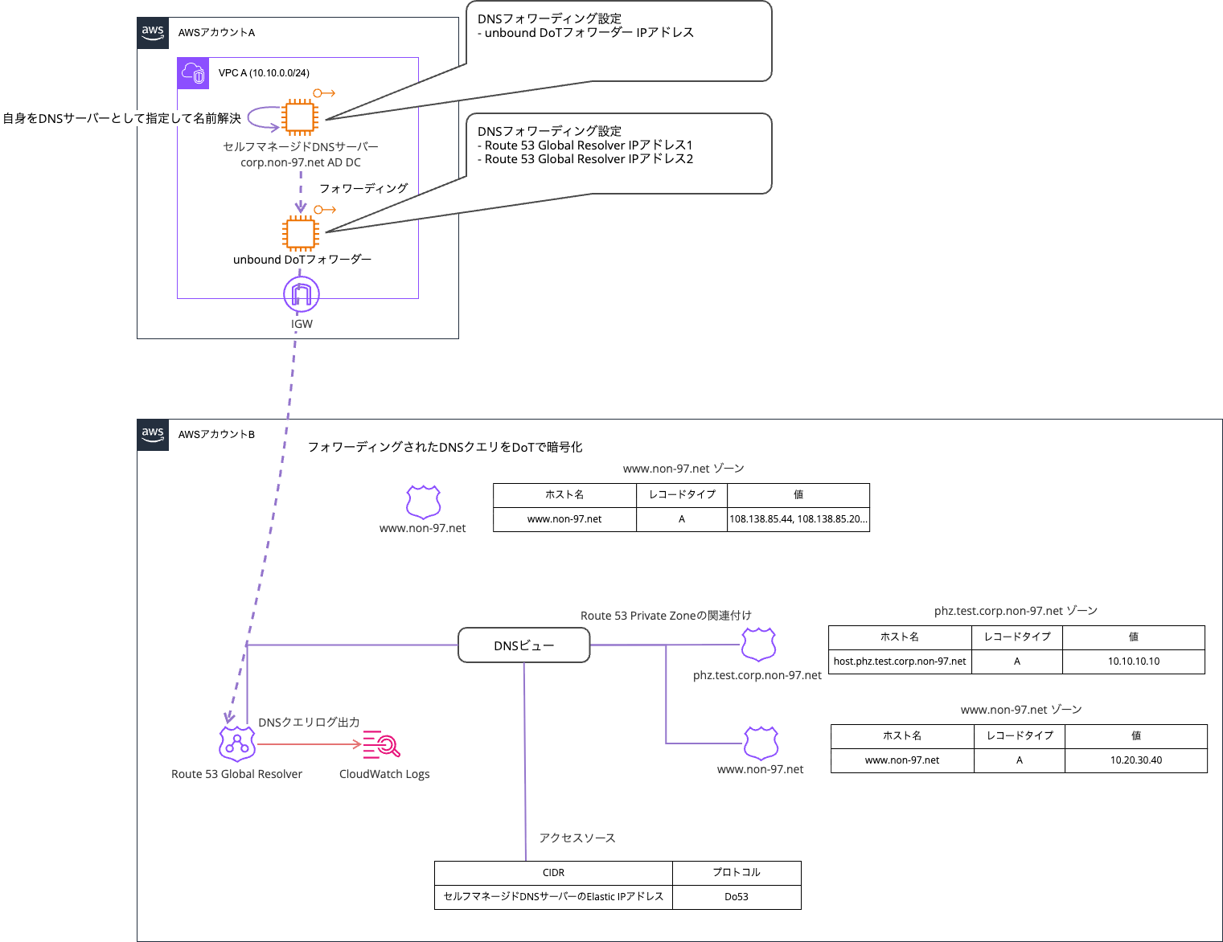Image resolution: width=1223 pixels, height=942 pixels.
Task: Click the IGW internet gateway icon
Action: [x=302, y=295]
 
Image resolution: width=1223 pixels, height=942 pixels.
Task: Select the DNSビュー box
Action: [x=523, y=645]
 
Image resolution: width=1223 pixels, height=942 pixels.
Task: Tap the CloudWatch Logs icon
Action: [x=381, y=744]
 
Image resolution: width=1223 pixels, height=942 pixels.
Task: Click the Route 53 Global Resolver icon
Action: [x=237, y=744]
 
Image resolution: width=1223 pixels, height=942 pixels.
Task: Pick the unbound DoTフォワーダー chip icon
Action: [x=301, y=234]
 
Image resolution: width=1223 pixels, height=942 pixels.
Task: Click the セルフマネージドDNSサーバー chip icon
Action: [x=300, y=117]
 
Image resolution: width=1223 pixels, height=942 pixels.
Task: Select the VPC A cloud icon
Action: [x=193, y=73]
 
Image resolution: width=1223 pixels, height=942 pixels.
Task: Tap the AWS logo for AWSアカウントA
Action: [x=153, y=33]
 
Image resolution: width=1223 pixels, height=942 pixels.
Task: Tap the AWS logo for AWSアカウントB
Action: [x=153, y=435]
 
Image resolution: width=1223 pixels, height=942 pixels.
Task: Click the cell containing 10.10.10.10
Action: [x=1133, y=661]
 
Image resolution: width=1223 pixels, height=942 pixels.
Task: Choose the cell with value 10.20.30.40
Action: [x=1135, y=760]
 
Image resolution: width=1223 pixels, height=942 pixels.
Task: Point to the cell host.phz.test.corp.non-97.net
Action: [x=900, y=661]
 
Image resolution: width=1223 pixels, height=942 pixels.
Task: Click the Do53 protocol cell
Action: [x=737, y=897]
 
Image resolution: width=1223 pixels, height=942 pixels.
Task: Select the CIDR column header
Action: [x=553, y=873]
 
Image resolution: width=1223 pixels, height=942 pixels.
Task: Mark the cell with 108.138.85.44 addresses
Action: [x=798, y=519]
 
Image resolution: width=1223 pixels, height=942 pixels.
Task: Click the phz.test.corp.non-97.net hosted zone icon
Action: [x=758, y=645]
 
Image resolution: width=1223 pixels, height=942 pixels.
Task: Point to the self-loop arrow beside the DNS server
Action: [x=262, y=118]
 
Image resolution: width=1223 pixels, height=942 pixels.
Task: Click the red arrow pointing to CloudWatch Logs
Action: [x=309, y=744]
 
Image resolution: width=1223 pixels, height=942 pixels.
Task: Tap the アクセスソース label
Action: [x=577, y=838]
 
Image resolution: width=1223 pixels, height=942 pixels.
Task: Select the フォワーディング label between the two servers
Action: [x=363, y=188]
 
